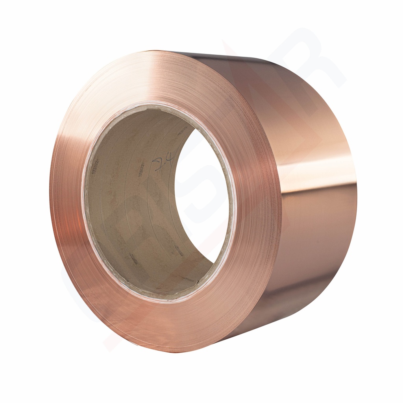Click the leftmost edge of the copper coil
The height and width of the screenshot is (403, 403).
pyautogui.click(x=50, y=197)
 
